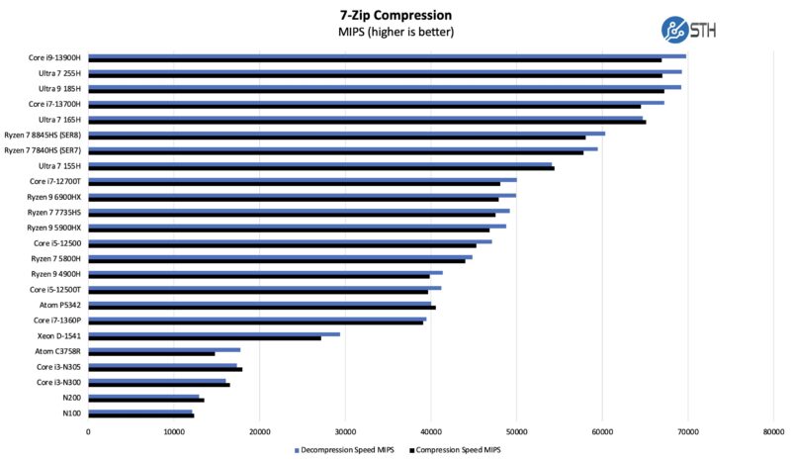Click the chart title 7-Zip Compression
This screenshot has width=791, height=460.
point(395,15)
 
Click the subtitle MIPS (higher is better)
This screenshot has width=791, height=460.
point(395,32)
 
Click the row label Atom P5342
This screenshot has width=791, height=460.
point(60,305)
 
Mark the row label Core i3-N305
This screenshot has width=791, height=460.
point(58,367)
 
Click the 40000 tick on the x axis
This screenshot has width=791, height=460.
point(431,431)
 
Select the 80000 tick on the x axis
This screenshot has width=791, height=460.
point(773,431)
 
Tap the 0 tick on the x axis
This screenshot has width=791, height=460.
point(89,431)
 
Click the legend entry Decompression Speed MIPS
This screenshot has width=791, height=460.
point(345,450)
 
